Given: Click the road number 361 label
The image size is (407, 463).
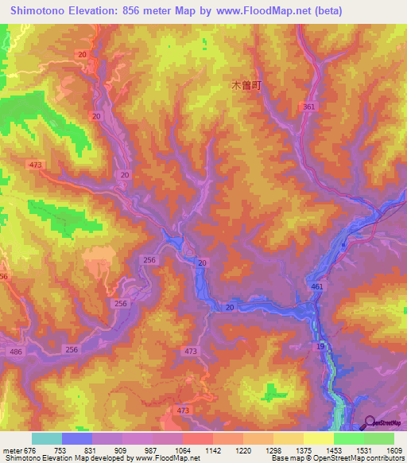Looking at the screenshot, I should click(x=308, y=107).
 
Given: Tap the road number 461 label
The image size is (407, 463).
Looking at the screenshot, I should click(x=318, y=286).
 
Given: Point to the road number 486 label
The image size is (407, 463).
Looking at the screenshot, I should click(x=15, y=351).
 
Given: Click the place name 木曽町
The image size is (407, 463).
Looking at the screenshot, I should click(x=246, y=84).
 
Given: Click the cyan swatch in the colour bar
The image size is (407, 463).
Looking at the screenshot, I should click(x=46, y=438).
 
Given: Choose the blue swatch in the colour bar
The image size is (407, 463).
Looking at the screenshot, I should click(x=77, y=438).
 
